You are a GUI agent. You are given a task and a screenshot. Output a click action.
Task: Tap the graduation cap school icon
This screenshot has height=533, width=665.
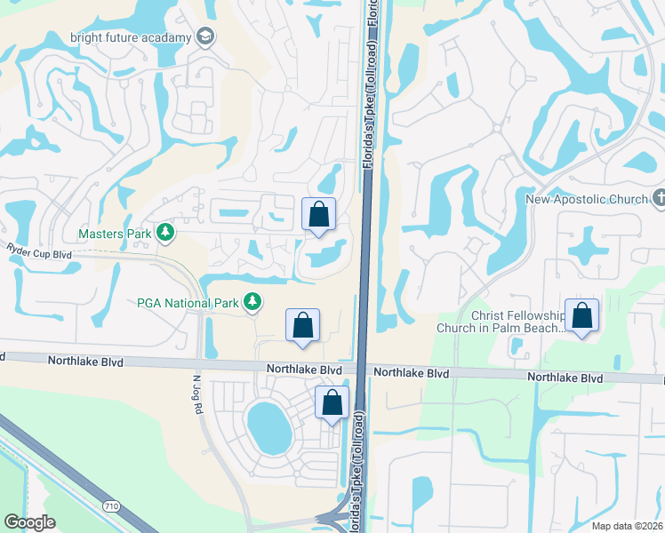point(206,36)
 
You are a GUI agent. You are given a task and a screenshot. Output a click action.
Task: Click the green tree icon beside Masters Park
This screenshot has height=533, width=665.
point(164,233)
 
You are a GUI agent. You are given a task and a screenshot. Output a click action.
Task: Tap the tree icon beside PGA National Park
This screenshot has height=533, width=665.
point(252,303)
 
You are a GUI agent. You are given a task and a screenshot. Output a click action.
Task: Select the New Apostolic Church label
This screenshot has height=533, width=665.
point(586,199)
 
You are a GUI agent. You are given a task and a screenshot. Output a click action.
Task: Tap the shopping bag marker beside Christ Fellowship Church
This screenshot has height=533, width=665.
point(581,316)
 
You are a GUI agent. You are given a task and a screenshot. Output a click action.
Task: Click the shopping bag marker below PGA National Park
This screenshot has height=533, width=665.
point(302,325)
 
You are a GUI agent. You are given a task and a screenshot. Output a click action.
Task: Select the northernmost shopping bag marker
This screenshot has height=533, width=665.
point(318,215)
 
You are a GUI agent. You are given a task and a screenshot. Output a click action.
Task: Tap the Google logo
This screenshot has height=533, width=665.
point(29,522)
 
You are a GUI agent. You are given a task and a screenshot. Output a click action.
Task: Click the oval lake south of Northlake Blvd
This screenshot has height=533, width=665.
point(269,426)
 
